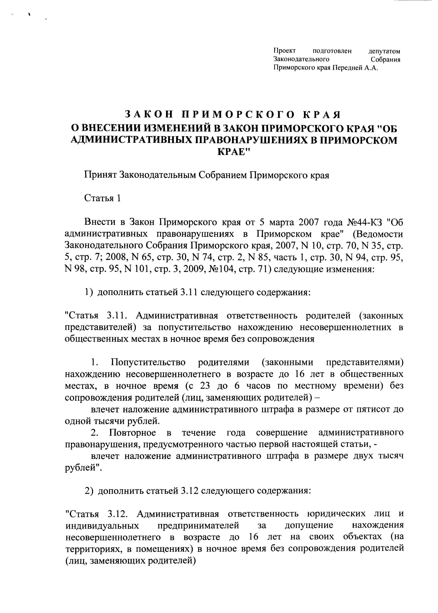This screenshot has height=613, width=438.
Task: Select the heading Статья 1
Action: point(102,198)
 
